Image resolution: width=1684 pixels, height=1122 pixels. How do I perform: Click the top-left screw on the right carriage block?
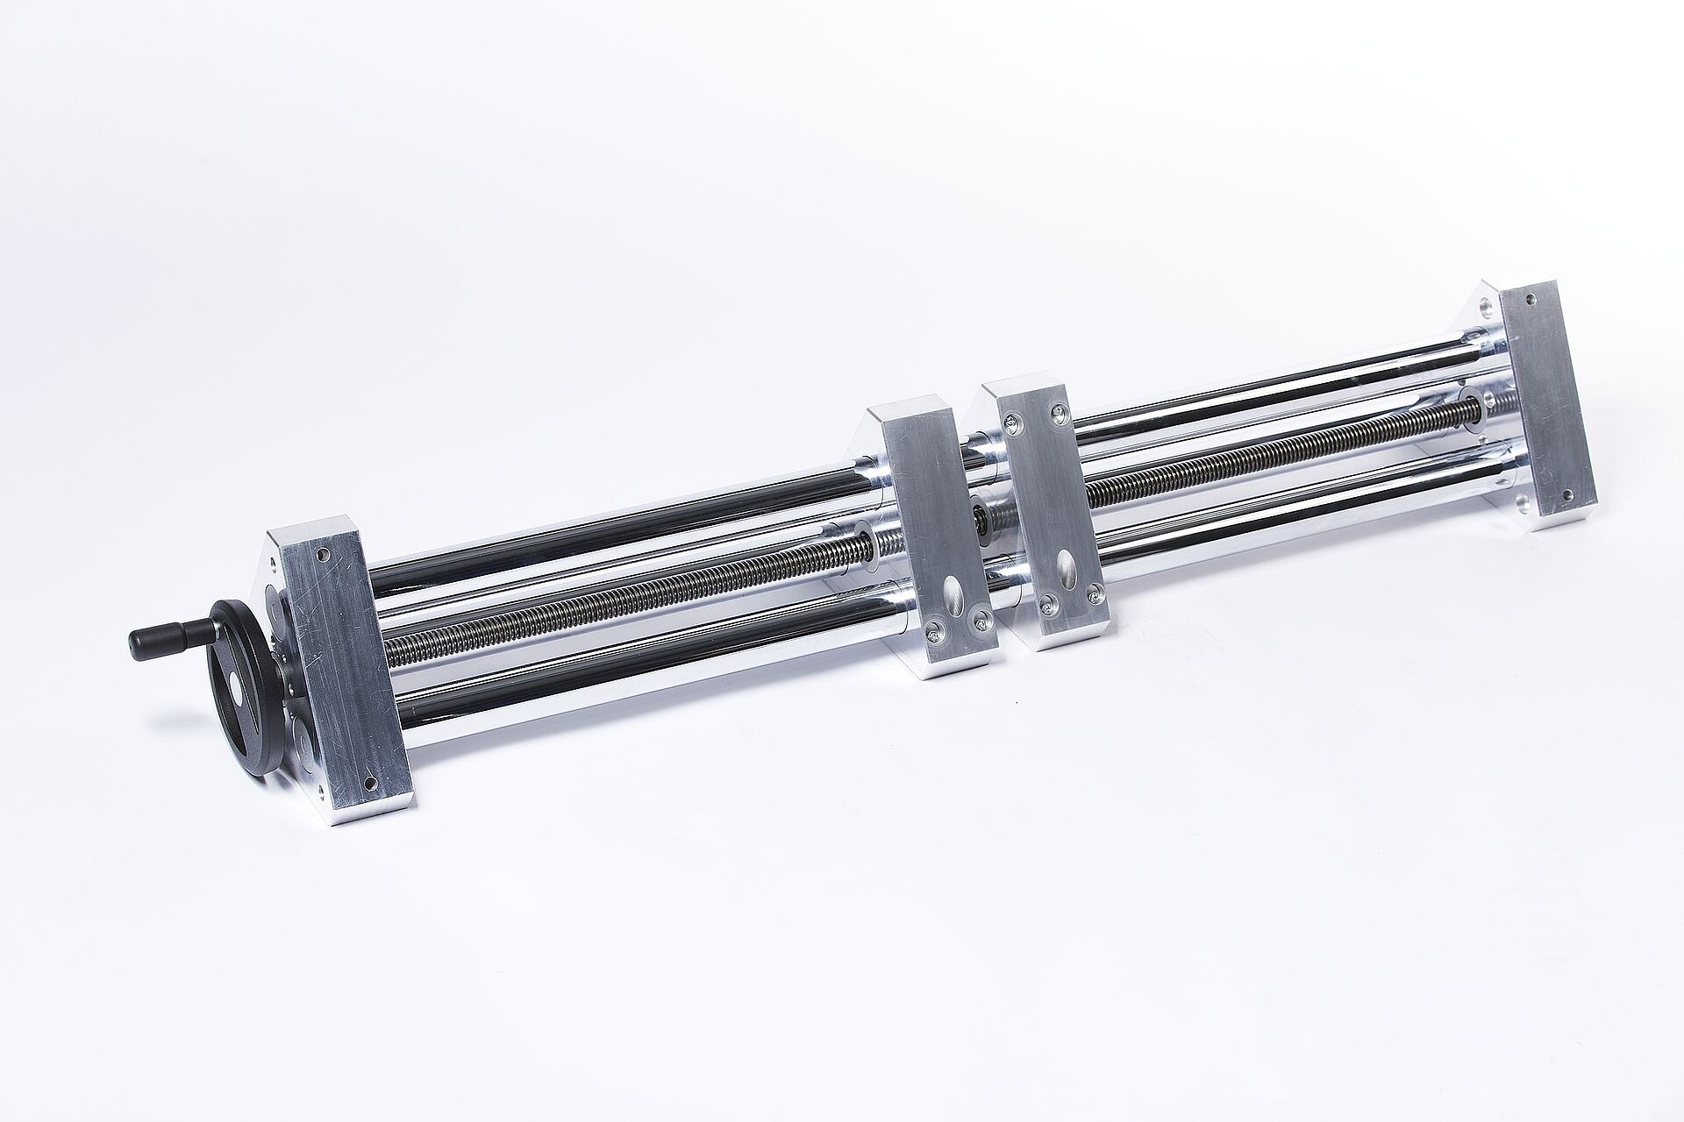coord(1014,424)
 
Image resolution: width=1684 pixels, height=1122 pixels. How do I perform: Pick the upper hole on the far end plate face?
coord(1531,323)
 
